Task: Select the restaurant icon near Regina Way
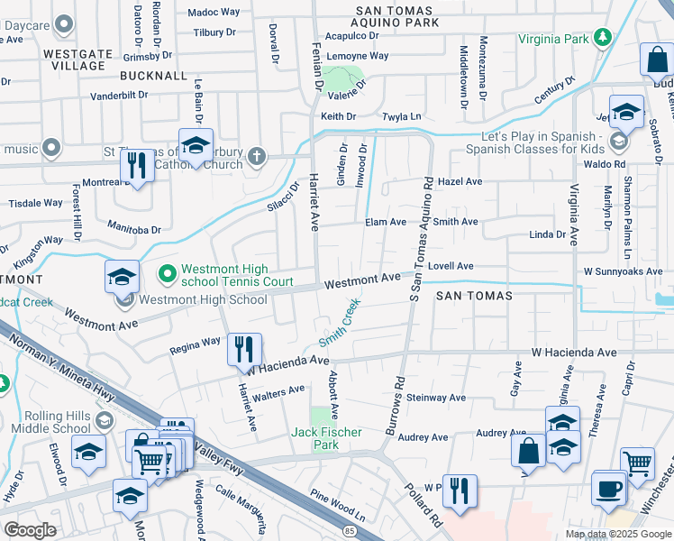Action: [x=243, y=349]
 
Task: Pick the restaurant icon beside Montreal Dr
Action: [x=137, y=166]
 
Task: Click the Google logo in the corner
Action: [x=30, y=529]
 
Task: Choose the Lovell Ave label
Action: [x=451, y=266]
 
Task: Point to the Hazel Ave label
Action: [x=460, y=181]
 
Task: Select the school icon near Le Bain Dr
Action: [x=196, y=145]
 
